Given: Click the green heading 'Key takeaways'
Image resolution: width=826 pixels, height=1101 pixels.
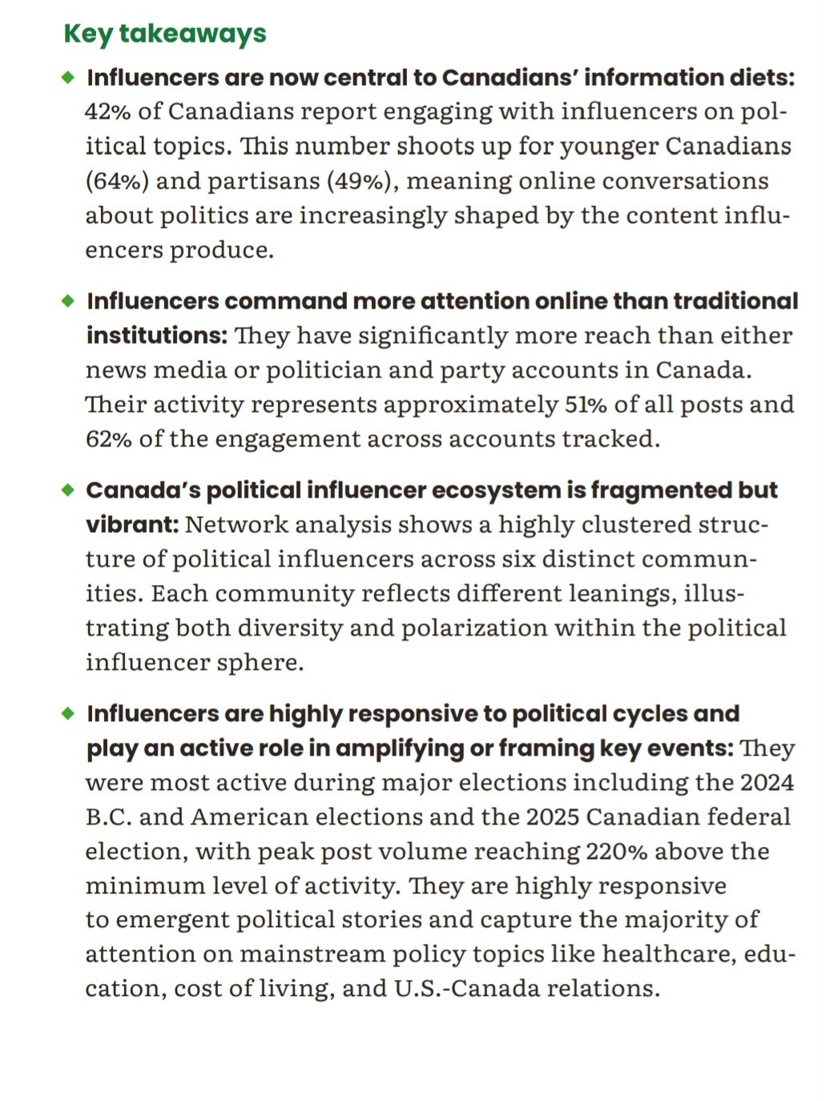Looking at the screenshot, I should point(164,34).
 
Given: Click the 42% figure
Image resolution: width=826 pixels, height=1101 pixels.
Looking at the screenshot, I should point(108,111).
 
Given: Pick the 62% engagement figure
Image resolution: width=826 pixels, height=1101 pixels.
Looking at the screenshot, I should point(109,439).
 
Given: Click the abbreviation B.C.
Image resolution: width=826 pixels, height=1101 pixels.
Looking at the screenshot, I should point(108,817).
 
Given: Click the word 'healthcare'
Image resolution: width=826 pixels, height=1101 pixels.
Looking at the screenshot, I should point(668,954).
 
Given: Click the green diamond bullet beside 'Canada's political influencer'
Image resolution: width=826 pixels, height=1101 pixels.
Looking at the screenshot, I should point(68,490).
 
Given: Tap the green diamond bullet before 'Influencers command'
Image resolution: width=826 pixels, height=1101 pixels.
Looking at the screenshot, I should point(68,300).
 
